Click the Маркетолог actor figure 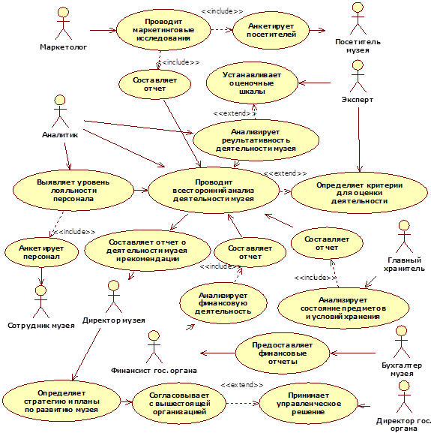pyautogui.click(x=64, y=24)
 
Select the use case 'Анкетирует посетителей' pyautogui.click(x=271, y=30)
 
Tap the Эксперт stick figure pyautogui.click(x=358, y=77)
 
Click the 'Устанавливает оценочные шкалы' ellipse pyautogui.click(x=252, y=83)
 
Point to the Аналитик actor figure pyautogui.click(x=60, y=111)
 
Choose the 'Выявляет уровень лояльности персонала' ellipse pyautogui.click(x=73, y=191)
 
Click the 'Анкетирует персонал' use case pyautogui.click(x=41, y=252)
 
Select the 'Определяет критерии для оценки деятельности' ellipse pyautogui.click(x=359, y=193)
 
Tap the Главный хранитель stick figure pyautogui.click(x=404, y=236)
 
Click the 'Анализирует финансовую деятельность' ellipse pyautogui.click(x=223, y=303)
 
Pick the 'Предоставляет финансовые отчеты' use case pyautogui.click(x=283, y=353)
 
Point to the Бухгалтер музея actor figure pyautogui.click(x=402, y=342)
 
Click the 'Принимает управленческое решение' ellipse pyautogui.click(x=308, y=404)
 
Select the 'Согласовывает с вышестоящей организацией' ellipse pyautogui.click(x=179, y=404)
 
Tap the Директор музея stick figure pyautogui.click(x=114, y=297)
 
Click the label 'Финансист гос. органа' pyautogui.click(x=154, y=371)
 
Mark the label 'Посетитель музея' pyautogui.click(x=358, y=46)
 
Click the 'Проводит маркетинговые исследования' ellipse pyautogui.click(x=163, y=30)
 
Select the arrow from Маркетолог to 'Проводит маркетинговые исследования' pyautogui.click(x=103, y=30)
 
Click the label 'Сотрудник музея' pyautogui.click(x=41, y=326)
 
